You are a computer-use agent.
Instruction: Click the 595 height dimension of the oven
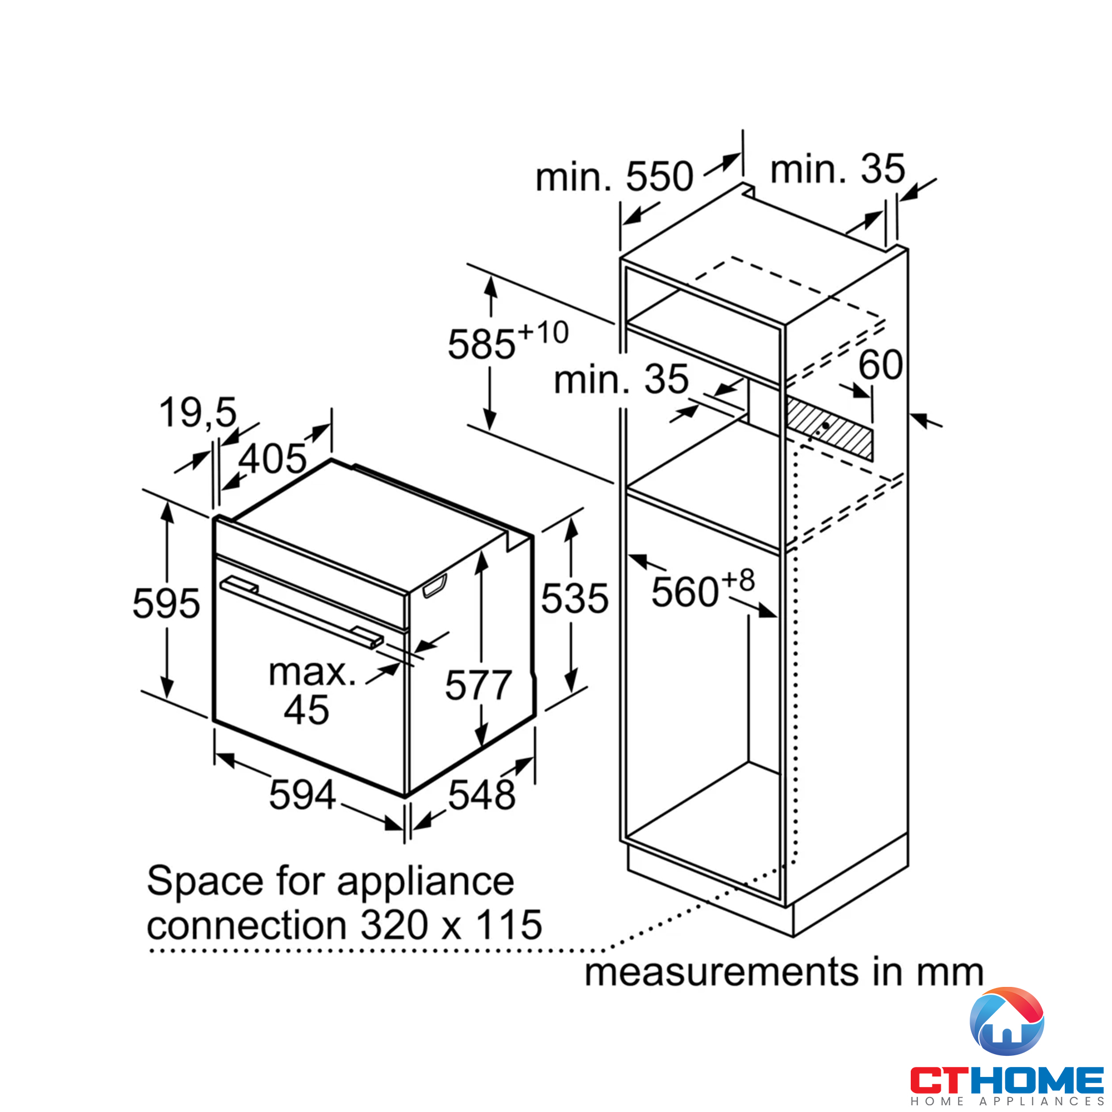[x=166, y=604]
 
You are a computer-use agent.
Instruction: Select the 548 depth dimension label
[x=481, y=796]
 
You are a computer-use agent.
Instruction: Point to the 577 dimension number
[x=478, y=685]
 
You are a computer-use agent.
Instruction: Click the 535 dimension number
[x=574, y=599]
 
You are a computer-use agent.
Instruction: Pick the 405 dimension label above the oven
[x=272, y=459]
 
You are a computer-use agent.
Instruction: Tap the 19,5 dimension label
[x=198, y=413]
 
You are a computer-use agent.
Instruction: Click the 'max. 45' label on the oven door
[x=311, y=691]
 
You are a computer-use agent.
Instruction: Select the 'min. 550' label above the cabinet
[x=614, y=176]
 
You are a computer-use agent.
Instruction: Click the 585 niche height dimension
[x=482, y=345]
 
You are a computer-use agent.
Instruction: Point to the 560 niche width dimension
[x=685, y=592]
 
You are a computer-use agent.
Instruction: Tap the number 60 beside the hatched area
[x=880, y=364]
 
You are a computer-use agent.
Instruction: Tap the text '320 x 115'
[x=451, y=925]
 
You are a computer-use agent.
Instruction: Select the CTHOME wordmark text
[x=1006, y=1080]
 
